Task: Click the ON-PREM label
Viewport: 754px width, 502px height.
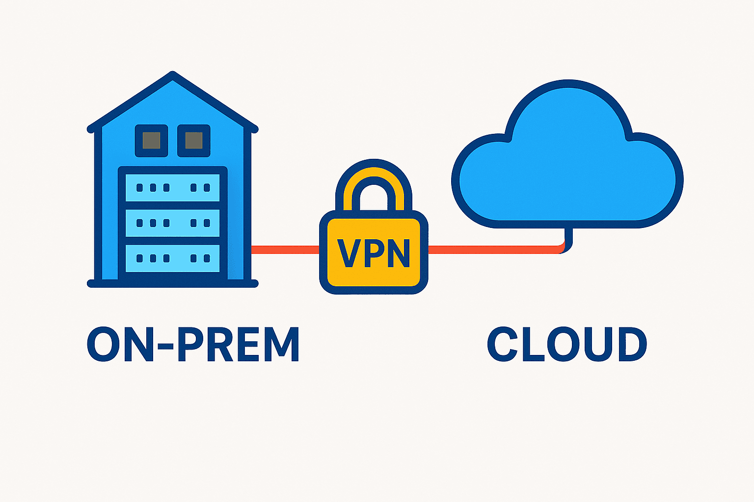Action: coord(193,345)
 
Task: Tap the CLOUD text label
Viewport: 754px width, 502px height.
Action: coord(567,345)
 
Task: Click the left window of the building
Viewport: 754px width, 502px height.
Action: coord(151,141)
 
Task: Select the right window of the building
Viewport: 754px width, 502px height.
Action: coord(194,141)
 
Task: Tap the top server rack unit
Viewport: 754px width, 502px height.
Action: coord(172,188)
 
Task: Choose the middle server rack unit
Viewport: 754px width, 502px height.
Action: coord(172,223)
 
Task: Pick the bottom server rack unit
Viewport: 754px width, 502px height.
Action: coord(172,258)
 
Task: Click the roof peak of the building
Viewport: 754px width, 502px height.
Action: coord(173,76)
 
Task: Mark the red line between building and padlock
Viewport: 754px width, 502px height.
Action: coord(285,250)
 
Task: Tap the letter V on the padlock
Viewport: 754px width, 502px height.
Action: coord(347,253)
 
